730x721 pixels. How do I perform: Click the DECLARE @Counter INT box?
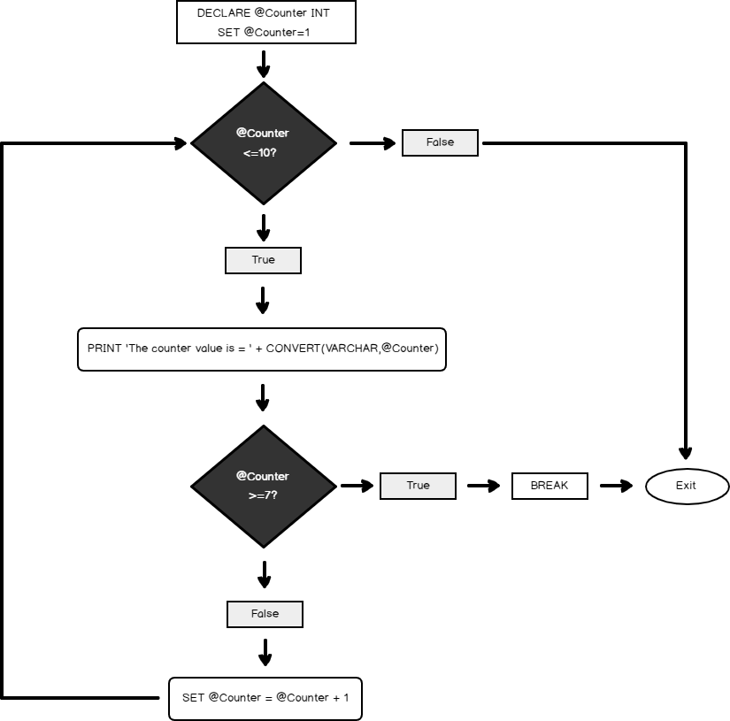pyautogui.click(x=265, y=23)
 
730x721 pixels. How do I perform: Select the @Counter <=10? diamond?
pyautogui.click(x=264, y=142)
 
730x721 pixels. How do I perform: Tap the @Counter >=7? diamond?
pyautogui.click(x=264, y=486)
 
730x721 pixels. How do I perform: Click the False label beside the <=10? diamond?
pyautogui.click(x=440, y=142)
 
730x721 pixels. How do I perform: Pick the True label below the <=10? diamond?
pyautogui.click(x=264, y=260)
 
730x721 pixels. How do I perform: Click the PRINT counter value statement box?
pyautogui.click(x=262, y=349)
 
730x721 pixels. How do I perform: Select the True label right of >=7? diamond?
pyautogui.click(x=418, y=486)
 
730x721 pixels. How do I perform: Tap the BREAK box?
pyautogui.click(x=549, y=486)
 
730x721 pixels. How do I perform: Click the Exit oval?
pyautogui.click(x=687, y=486)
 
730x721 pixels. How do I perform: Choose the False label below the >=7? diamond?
pyautogui.click(x=265, y=614)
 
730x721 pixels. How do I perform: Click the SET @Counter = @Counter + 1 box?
pyautogui.click(x=265, y=698)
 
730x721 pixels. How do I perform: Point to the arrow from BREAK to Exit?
pyautogui.click(x=616, y=486)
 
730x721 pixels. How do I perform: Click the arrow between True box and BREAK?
pyautogui.click(x=483, y=486)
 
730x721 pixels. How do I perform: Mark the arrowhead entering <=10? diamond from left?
pyautogui.click(x=180, y=142)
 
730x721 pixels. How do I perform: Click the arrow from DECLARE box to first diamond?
pyautogui.click(x=263, y=64)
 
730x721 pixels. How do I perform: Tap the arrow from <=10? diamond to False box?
pyautogui.click(x=373, y=142)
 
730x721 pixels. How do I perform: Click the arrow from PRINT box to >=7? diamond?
pyautogui.click(x=262, y=397)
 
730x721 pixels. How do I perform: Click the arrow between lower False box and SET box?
pyautogui.click(x=265, y=653)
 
